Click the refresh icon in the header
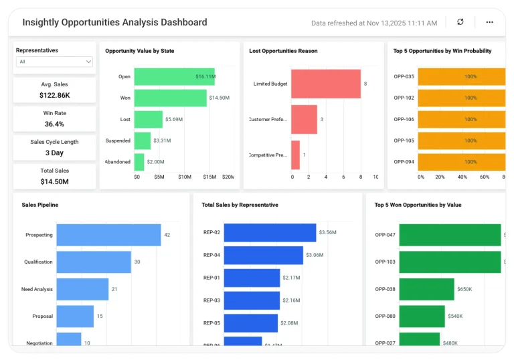pos(460,22)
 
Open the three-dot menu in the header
pos(489,22)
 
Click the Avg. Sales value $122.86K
pos(54,96)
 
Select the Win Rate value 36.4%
pos(54,124)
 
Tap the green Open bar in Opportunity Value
pos(174,76)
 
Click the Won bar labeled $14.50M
pos(170,98)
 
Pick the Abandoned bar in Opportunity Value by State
pos(139,162)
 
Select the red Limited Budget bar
pos(326,84)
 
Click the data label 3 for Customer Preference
pos(322,119)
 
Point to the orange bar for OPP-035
pos(461,76)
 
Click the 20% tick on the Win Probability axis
pos(440,177)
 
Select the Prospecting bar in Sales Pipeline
pos(108,235)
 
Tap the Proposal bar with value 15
pos(74,316)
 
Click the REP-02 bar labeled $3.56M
pos(270,232)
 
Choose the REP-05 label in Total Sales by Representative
pos(211,323)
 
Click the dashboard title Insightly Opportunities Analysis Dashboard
pos(114,22)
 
